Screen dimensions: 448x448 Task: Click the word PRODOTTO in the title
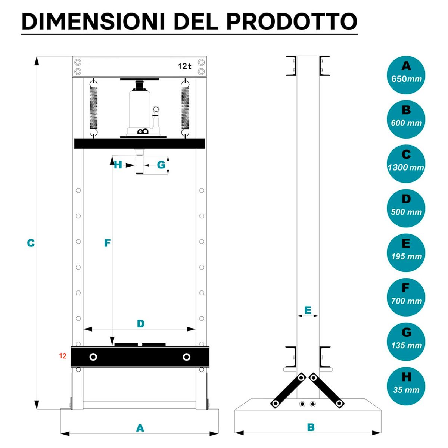coord(292,22)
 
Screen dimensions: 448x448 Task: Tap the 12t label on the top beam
coord(184,66)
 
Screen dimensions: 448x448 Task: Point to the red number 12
coord(63,356)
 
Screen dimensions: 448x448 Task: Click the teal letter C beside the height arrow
coord(31,243)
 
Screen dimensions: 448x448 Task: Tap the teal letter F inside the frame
coord(107,243)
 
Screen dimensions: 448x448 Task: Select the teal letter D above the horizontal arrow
coord(141,324)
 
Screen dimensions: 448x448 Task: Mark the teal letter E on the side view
coord(308,310)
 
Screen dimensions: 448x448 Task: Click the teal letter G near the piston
coord(161,165)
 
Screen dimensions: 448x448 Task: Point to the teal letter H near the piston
coord(118,165)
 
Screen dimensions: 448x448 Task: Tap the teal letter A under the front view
coord(140,428)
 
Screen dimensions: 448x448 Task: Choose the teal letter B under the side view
coord(311,427)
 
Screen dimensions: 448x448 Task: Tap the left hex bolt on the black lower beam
coord(93,357)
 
